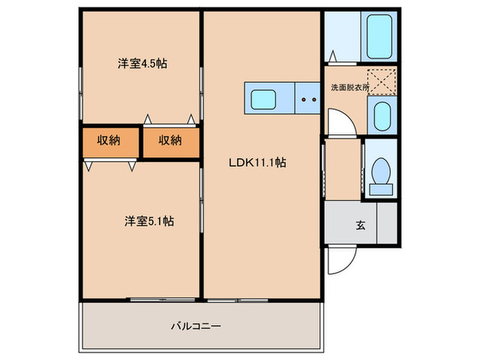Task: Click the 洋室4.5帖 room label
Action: coord(143,64)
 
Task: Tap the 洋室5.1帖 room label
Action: coord(149,221)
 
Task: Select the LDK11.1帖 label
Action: coord(257,163)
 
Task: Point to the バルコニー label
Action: coord(195,326)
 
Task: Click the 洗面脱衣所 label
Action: coord(350,88)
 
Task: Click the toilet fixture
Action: coord(381,177)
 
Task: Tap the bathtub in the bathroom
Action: coord(379,36)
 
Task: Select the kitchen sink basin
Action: coord(263,99)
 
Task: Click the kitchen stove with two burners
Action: coord(308,98)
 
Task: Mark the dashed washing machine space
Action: coord(381,82)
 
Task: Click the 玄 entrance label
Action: coord(361,226)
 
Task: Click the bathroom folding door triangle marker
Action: coord(333,56)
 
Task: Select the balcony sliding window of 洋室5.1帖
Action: coord(163,300)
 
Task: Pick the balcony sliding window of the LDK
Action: coord(237,300)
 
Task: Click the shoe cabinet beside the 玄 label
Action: coord(387,223)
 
